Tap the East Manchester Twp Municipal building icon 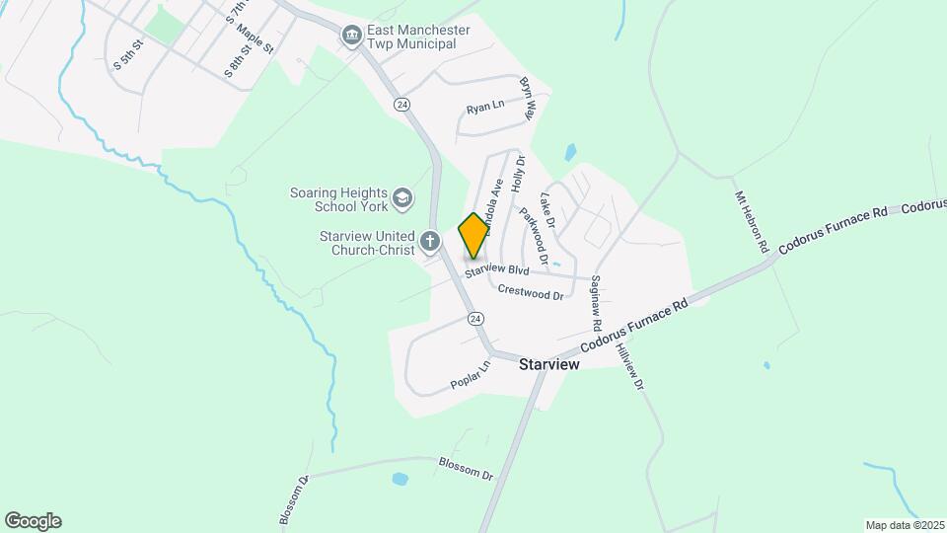(351, 37)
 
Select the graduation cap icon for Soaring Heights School (401, 199)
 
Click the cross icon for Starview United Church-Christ (429, 241)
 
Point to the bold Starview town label (548, 364)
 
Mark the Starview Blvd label (498, 270)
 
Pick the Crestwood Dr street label (531, 292)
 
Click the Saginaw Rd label (596, 303)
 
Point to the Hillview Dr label (629, 365)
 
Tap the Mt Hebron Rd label (751, 223)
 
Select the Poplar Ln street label (470, 375)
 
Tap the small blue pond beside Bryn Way (570, 153)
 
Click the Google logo (33, 521)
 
